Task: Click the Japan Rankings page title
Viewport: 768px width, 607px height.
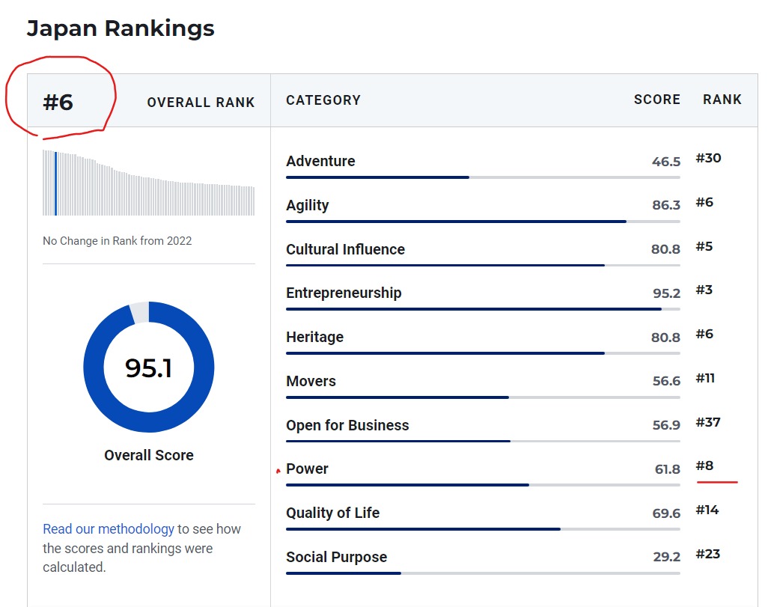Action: pyautogui.click(x=121, y=28)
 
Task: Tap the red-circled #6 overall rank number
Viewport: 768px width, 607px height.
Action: pyautogui.click(x=58, y=102)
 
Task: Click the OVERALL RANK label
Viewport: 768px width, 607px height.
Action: pyautogui.click(x=201, y=103)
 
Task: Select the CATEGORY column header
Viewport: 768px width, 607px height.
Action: pyautogui.click(x=323, y=100)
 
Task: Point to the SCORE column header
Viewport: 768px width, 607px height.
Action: pyautogui.click(x=656, y=100)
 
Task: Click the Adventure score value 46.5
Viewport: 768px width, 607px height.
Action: pyautogui.click(x=665, y=162)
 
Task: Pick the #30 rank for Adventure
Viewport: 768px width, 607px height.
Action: pyautogui.click(x=708, y=158)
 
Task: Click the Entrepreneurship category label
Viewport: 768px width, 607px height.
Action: pyautogui.click(x=344, y=293)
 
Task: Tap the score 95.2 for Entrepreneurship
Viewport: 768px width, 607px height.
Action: pyautogui.click(x=666, y=293)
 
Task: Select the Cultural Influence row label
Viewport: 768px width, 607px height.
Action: pyautogui.click(x=345, y=250)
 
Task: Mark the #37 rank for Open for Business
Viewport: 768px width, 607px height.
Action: pyautogui.click(x=708, y=422)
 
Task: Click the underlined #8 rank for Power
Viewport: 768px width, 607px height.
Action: pyautogui.click(x=705, y=466)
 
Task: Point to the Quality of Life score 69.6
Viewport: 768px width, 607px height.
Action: pyautogui.click(x=665, y=513)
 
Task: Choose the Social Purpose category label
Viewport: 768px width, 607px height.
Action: pyautogui.click(x=336, y=558)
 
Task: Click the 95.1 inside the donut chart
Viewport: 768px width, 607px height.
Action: pyautogui.click(x=148, y=367)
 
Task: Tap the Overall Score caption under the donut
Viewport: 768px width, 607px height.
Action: pyautogui.click(x=148, y=455)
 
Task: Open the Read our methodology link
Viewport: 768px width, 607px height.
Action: pyautogui.click(x=109, y=529)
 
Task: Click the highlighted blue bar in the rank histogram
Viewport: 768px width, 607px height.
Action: pyautogui.click(x=56, y=183)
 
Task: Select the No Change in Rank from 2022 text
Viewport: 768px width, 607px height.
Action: pyautogui.click(x=117, y=241)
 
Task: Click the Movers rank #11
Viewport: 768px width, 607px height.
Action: pyautogui.click(x=705, y=378)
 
